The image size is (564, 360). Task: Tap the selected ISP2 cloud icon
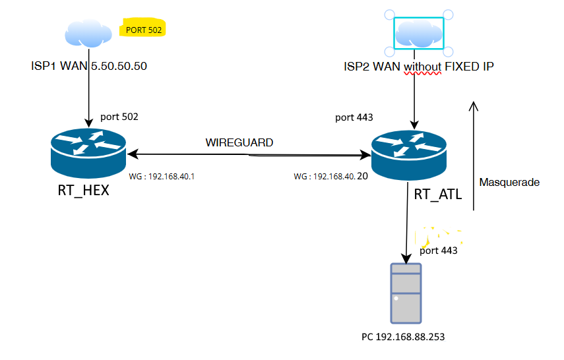click(x=420, y=34)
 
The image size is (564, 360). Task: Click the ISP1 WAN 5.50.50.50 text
click(x=89, y=67)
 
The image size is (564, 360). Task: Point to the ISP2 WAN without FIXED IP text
click(x=419, y=67)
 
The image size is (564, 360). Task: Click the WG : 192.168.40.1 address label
click(x=156, y=177)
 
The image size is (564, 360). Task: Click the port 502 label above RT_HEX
click(x=119, y=117)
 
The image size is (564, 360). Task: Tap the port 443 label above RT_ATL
click(x=354, y=118)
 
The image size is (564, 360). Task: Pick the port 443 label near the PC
click(x=438, y=251)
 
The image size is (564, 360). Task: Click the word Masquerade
click(x=510, y=182)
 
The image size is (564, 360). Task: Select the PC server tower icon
click(x=406, y=293)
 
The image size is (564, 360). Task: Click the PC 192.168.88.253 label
click(x=403, y=337)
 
